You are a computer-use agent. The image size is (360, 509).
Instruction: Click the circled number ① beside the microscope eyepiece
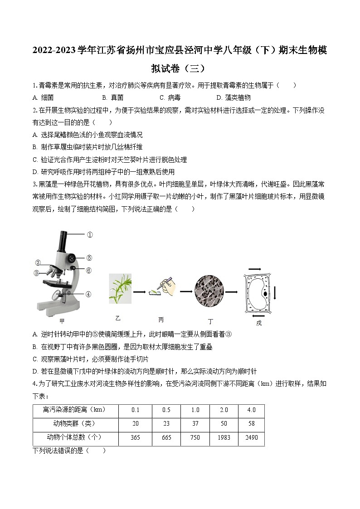89,235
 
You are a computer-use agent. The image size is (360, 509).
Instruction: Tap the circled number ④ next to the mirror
88,294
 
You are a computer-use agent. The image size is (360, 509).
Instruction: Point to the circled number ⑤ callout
89,258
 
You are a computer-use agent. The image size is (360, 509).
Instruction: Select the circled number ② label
38,263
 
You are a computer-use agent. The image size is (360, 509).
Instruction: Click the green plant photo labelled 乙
120,288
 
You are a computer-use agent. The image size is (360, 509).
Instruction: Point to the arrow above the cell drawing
255,269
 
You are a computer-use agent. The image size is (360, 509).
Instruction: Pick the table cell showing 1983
224,437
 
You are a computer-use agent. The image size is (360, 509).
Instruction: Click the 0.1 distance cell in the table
135,410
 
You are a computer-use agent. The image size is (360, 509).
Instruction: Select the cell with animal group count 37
195,423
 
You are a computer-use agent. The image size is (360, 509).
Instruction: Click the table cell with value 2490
251,437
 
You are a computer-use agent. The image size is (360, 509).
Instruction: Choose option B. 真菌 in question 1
112,97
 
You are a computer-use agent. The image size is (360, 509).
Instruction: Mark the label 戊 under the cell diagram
259,323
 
